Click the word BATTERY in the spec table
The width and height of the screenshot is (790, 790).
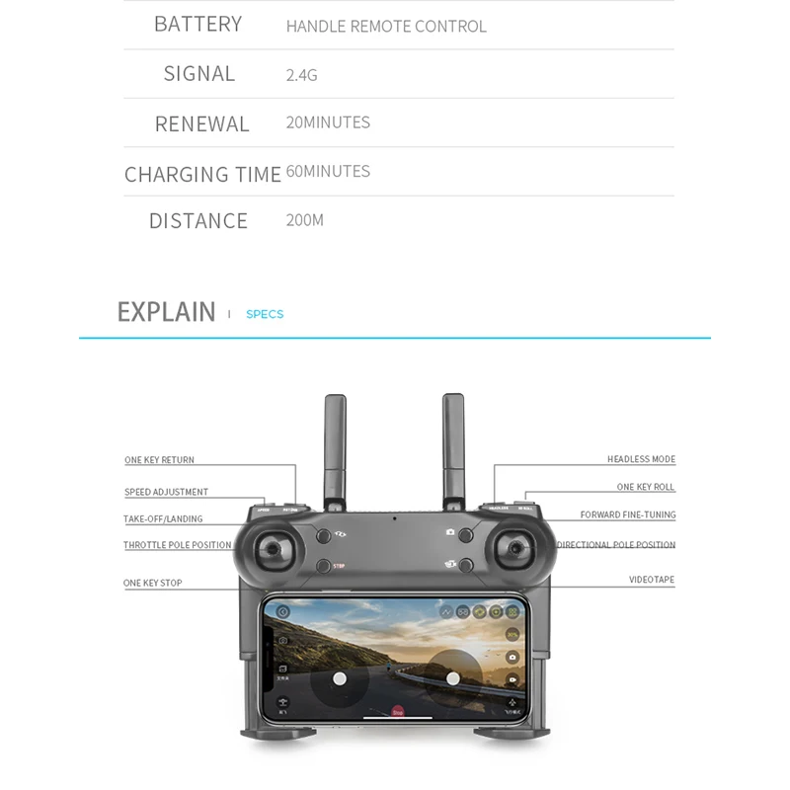click(197, 25)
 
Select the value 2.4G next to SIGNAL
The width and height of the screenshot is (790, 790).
click(301, 75)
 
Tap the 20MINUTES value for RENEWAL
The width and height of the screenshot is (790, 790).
click(328, 122)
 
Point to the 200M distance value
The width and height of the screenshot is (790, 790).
click(304, 220)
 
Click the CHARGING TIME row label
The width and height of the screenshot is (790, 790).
click(202, 175)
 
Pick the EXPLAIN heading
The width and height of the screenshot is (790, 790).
click(166, 312)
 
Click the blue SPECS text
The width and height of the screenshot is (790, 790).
click(265, 314)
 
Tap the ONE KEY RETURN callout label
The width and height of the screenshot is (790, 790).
click(159, 460)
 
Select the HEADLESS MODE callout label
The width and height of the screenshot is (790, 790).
click(641, 459)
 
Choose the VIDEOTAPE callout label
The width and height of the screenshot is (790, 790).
click(652, 580)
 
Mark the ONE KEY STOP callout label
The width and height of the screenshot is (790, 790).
click(152, 584)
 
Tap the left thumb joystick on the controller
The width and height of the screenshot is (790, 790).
click(274, 550)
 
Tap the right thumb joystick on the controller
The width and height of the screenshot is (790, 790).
click(516, 550)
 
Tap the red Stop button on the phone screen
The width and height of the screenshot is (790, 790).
click(398, 710)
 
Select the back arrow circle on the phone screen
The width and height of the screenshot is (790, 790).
click(282, 612)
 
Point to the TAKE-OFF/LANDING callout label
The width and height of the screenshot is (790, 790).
click(163, 519)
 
